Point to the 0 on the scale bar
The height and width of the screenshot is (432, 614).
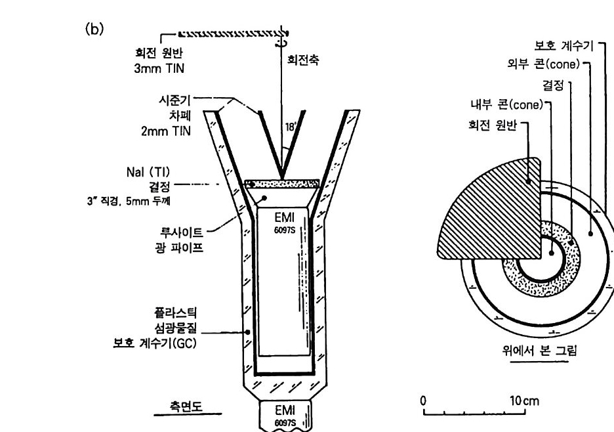pos(424,400)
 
